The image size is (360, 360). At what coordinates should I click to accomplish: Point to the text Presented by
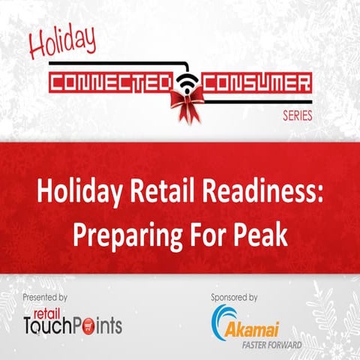pos(45,297)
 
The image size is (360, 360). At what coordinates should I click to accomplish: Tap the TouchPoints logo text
pos(73,325)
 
